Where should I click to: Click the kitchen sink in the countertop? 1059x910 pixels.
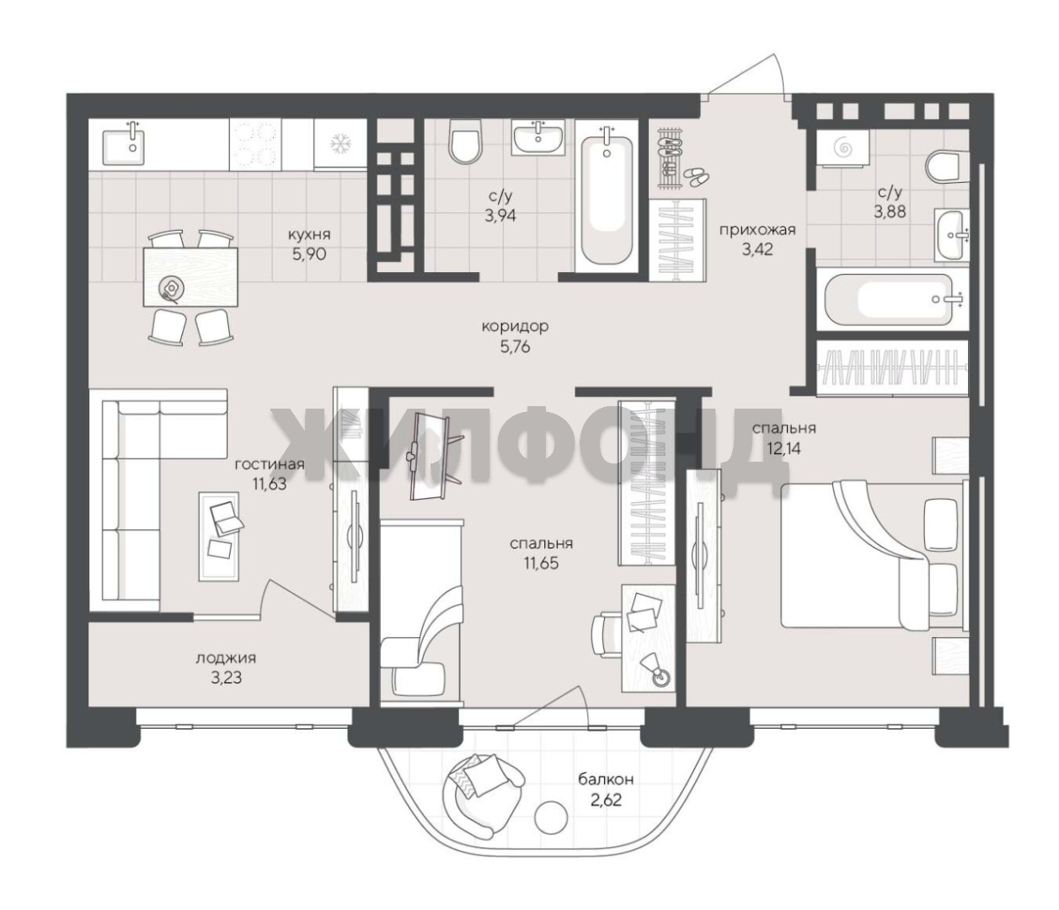point(124,143)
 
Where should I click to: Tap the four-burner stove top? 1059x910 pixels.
point(254,144)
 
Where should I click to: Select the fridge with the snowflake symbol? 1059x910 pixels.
point(340,144)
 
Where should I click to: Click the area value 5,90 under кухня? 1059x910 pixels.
point(309,254)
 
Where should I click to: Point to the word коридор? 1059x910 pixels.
point(515,326)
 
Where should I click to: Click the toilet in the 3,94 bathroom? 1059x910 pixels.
point(466,142)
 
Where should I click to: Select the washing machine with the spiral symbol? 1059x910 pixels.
point(842,147)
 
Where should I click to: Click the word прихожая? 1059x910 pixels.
point(757,230)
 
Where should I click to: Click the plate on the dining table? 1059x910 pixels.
point(170,287)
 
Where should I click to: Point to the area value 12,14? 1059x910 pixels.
point(784,448)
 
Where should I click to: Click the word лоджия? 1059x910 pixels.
point(226,658)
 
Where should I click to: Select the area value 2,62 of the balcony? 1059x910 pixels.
point(606,800)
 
